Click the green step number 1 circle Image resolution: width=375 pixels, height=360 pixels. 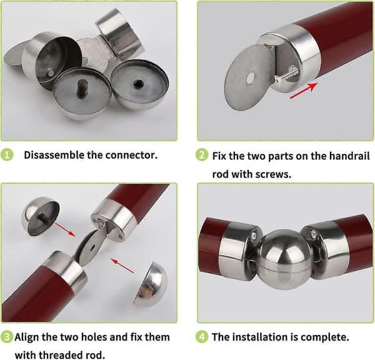point(7,155)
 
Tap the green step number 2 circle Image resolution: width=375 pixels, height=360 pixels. point(202,155)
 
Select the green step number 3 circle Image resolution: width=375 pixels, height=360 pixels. point(7,337)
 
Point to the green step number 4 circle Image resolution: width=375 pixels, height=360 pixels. point(202,337)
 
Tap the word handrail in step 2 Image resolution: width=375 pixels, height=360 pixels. point(349,156)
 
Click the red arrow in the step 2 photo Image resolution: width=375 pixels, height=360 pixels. point(304,91)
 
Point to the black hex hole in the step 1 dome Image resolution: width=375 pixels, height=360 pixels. point(138,84)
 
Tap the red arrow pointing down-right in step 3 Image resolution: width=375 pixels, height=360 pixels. point(65,229)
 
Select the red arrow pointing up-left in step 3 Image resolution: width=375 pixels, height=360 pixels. point(122,266)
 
